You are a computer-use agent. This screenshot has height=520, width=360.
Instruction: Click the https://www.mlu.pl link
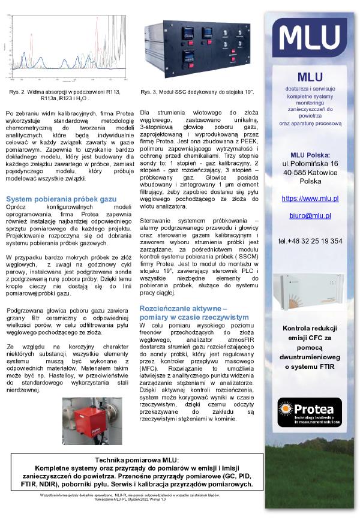click(x=310, y=198)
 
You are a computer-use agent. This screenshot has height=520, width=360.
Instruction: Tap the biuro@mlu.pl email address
click(x=310, y=215)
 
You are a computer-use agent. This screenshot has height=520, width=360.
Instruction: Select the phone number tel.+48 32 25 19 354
click(x=310, y=241)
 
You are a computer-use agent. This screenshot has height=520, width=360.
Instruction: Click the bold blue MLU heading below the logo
click(x=310, y=76)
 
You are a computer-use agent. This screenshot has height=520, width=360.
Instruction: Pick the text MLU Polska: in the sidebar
click(x=310, y=155)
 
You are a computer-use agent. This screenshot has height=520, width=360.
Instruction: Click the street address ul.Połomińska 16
click(x=310, y=164)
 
